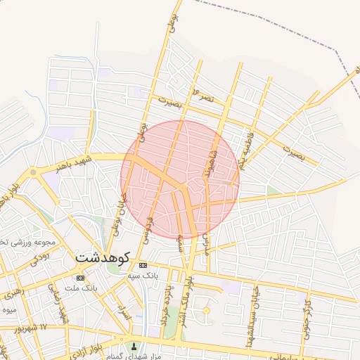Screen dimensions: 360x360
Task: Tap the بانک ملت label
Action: click(79, 288)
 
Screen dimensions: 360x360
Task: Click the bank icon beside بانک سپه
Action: click(143, 265)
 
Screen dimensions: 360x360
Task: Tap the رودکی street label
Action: click(33, 262)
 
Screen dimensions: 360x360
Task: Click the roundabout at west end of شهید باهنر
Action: click(33, 172)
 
